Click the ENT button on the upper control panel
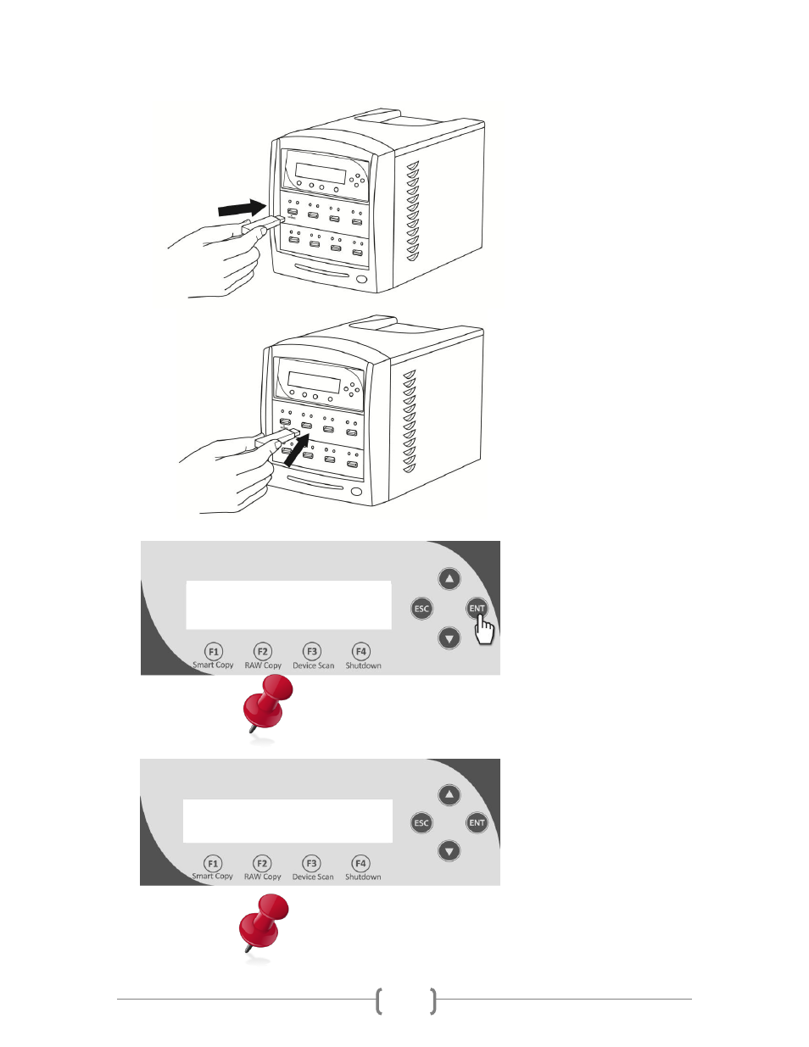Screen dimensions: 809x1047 477,608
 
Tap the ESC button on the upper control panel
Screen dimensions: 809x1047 421,609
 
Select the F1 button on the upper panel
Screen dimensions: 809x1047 213,651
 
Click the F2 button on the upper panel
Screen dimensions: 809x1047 263,651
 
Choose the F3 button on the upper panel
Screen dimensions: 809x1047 312,651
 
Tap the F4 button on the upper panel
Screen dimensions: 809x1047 361,651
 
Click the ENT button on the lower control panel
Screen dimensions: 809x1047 477,822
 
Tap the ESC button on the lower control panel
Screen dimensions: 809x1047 421,822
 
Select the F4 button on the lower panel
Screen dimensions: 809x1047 360,863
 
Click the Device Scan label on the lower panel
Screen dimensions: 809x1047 313,877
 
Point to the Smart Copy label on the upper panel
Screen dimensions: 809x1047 213,666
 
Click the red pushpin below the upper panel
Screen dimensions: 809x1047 267,704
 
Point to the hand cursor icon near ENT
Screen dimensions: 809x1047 484,629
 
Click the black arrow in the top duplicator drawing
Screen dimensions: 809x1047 242,208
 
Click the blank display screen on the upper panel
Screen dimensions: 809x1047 288,605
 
